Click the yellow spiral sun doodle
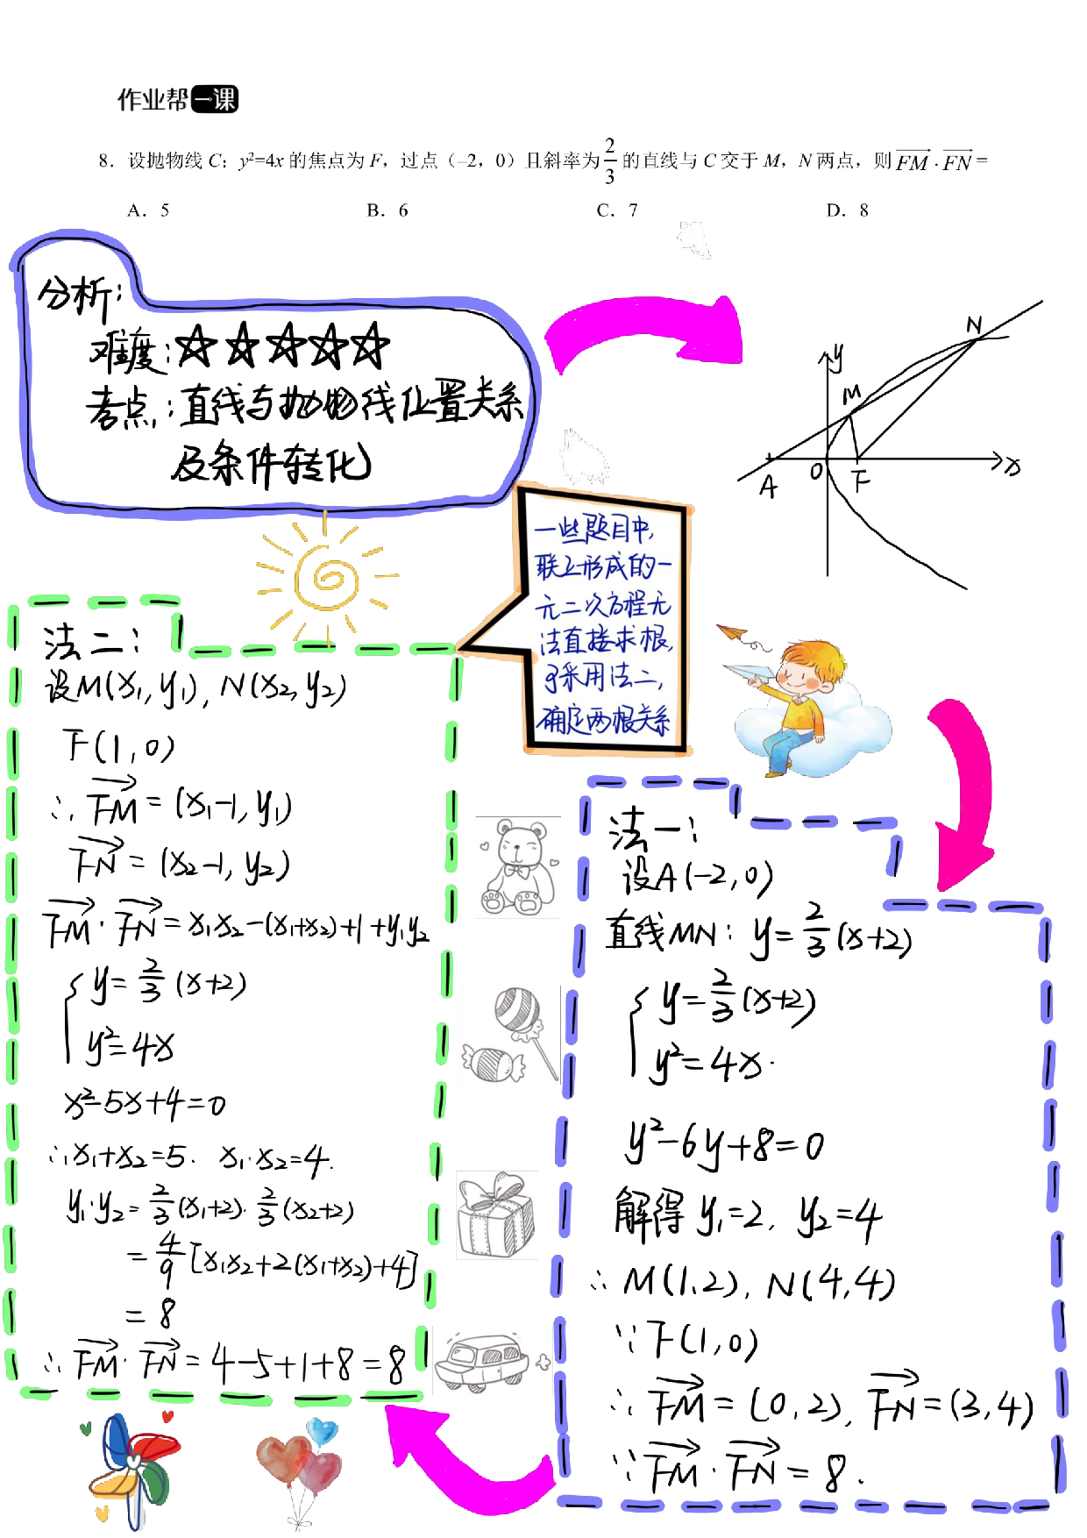(326, 578)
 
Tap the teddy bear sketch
(517, 868)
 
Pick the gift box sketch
(496, 1216)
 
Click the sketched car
(485, 1361)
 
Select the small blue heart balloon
(322, 1432)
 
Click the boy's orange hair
(820, 658)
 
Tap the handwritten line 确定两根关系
(603, 721)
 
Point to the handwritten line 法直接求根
(605, 643)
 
